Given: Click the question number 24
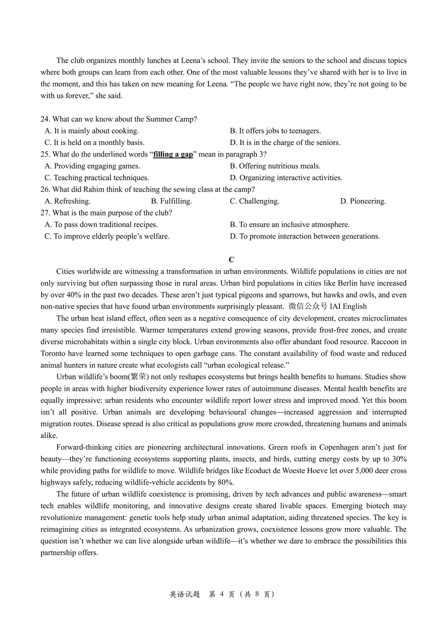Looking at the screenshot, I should [45, 119].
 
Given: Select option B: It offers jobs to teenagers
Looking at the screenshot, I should [275, 131].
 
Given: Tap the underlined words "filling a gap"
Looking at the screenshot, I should [173, 154].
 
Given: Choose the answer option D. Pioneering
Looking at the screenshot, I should [363, 201].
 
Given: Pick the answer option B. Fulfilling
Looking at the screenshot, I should [171, 201].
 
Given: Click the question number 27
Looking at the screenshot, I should [45, 213].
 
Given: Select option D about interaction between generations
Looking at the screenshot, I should [305, 236].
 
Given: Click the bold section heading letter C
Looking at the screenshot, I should [231, 260].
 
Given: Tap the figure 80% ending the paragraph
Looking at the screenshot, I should [227, 483].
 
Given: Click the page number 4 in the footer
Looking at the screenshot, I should [222, 594].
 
